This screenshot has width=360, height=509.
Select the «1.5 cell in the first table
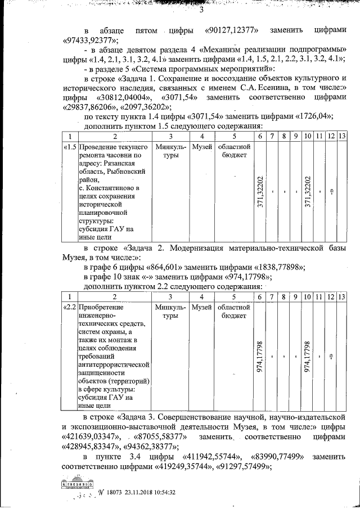(69, 147)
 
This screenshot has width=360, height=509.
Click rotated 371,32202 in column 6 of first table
(260, 192)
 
